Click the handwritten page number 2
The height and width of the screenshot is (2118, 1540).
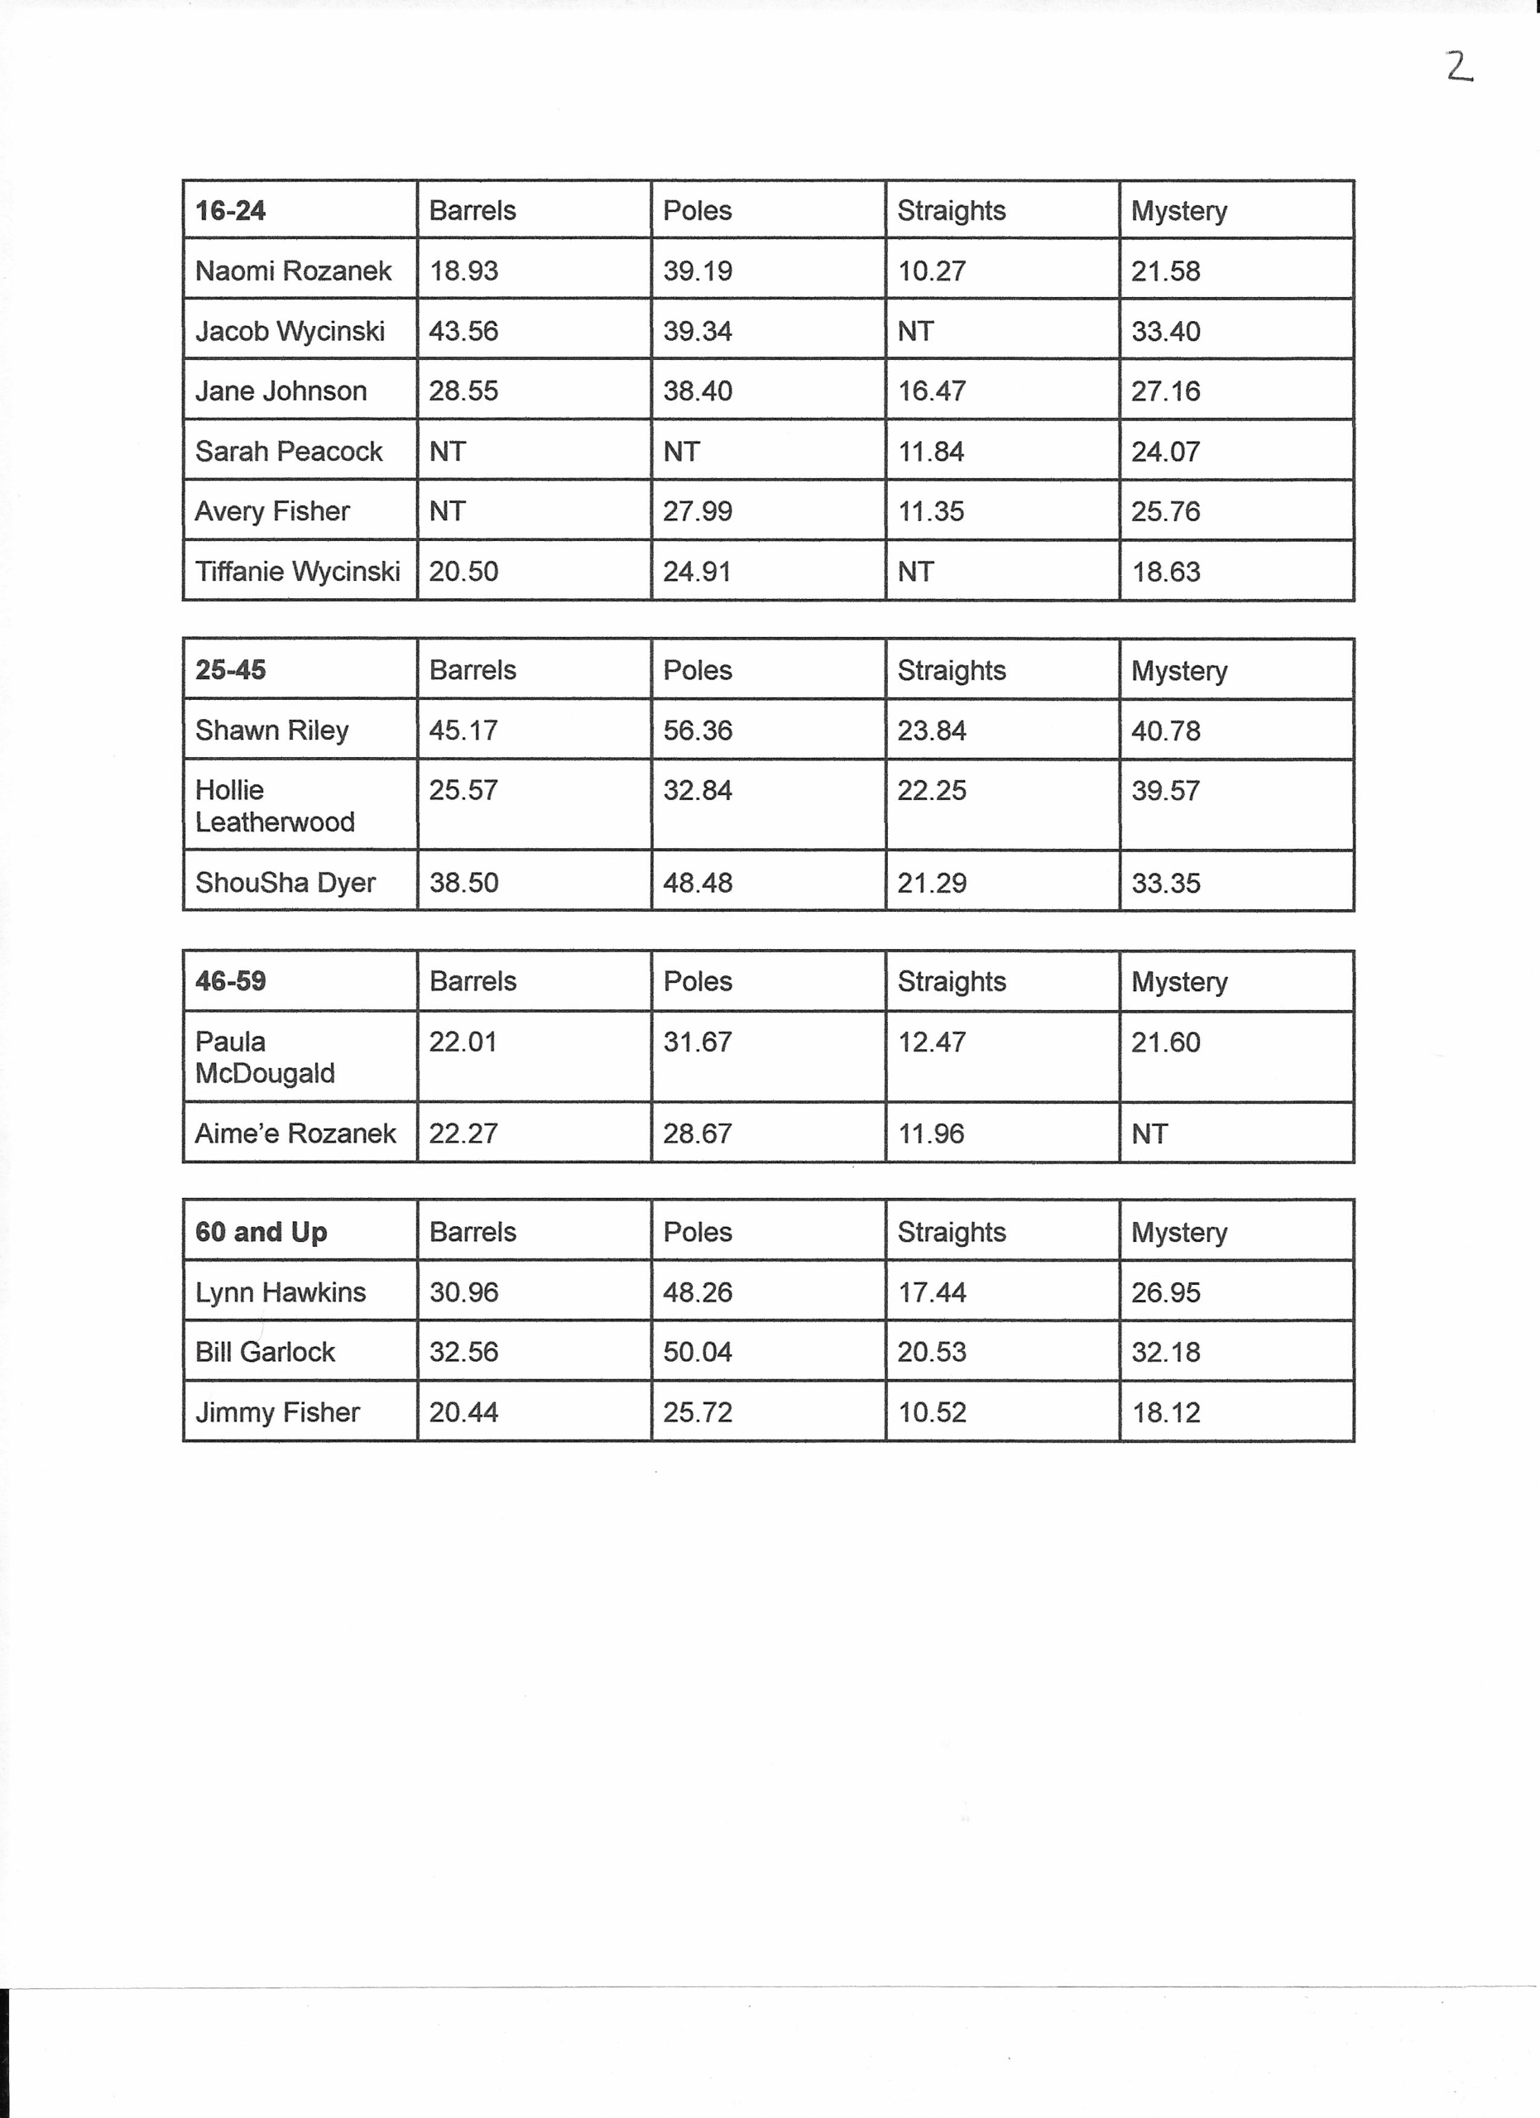tap(1459, 66)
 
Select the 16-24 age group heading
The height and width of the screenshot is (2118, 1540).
tap(231, 211)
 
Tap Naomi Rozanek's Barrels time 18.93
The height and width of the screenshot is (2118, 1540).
tap(463, 271)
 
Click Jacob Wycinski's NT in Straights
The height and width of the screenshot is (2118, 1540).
tap(915, 332)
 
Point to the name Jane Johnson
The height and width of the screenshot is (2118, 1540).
tap(281, 391)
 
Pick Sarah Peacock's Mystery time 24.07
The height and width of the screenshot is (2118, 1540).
tap(1165, 452)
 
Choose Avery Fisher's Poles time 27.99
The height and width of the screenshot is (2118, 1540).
tap(698, 512)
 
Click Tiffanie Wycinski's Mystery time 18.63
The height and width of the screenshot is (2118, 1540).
tap(1165, 572)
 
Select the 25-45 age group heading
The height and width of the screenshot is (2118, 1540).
tap(231, 670)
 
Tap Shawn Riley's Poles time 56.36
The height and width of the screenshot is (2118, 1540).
tap(698, 731)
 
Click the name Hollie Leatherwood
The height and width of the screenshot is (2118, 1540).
tap(275, 806)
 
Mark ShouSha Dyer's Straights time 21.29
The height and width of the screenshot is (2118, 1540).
tap(931, 883)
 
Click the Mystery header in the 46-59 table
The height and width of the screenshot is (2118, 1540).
tap(1178, 981)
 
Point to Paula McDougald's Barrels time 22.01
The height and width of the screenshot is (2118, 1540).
tap(463, 1042)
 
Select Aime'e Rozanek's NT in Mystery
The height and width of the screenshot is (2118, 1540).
tap(1149, 1133)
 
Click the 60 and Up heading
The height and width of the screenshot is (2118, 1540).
tap(261, 1233)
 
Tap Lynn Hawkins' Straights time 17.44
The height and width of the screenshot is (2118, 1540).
tap(931, 1292)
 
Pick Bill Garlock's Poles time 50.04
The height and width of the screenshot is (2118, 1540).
tap(698, 1352)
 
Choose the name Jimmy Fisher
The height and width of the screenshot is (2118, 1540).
tap(277, 1413)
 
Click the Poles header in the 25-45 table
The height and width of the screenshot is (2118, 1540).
tap(698, 670)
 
